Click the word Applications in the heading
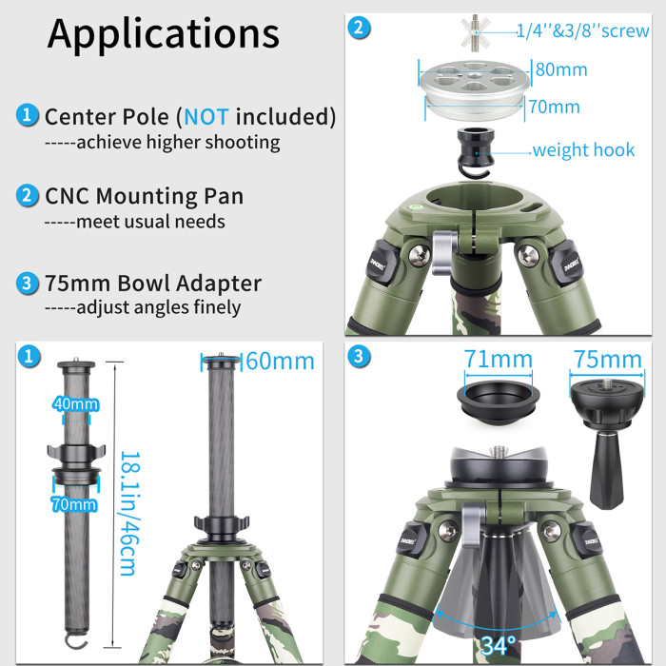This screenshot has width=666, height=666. tap(164, 33)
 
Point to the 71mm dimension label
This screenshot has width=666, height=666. tap(498, 359)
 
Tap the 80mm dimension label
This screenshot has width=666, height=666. tap(560, 69)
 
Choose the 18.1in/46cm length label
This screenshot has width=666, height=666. tap(127, 513)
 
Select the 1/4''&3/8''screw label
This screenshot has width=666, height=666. tap(582, 30)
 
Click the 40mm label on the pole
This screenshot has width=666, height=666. tap(77, 404)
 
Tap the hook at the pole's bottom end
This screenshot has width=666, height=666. tap(75, 629)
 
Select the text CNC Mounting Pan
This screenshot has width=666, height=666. tap(144, 197)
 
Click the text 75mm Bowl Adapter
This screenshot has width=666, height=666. tap(152, 284)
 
